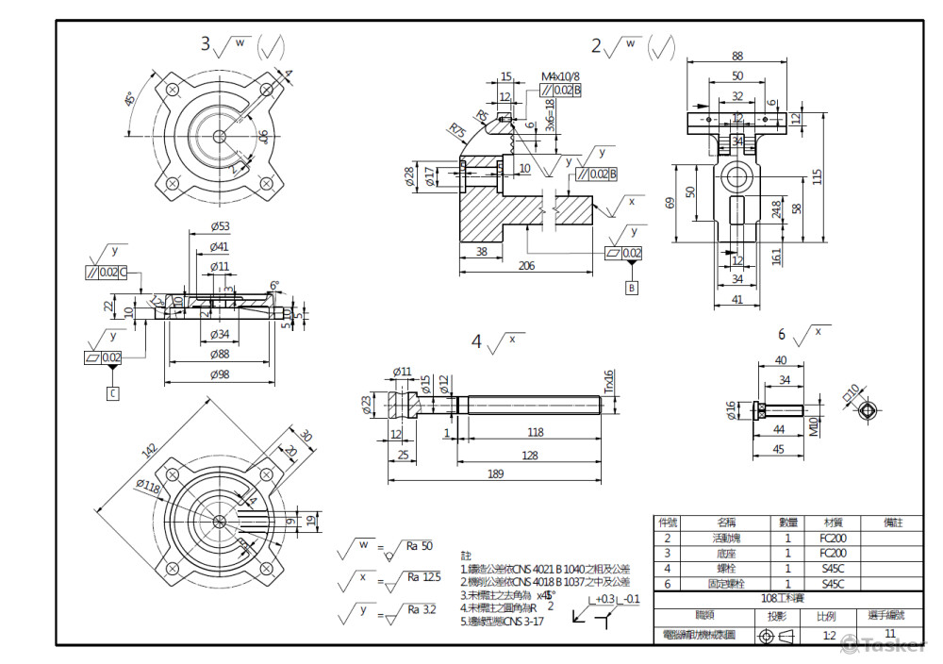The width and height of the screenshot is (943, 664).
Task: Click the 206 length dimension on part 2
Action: (x=526, y=266)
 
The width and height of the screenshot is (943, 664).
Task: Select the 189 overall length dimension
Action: (x=495, y=474)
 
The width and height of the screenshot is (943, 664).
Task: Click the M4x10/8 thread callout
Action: (x=560, y=75)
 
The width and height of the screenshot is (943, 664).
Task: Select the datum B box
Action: (x=632, y=288)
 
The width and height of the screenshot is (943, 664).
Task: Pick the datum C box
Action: (x=112, y=393)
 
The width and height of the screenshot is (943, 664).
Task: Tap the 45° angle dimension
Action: (x=129, y=99)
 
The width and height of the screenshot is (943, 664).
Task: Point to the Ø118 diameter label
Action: (x=147, y=486)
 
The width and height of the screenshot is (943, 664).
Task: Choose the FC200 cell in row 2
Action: (x=832, y=538)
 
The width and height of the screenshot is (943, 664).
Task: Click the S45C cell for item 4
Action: (x=832, y=568)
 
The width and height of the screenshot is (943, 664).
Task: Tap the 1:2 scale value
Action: (x=829, y=636)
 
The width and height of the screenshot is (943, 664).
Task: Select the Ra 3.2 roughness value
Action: (x=421, y=609)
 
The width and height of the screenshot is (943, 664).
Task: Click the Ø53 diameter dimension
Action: (x=221, y=226)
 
